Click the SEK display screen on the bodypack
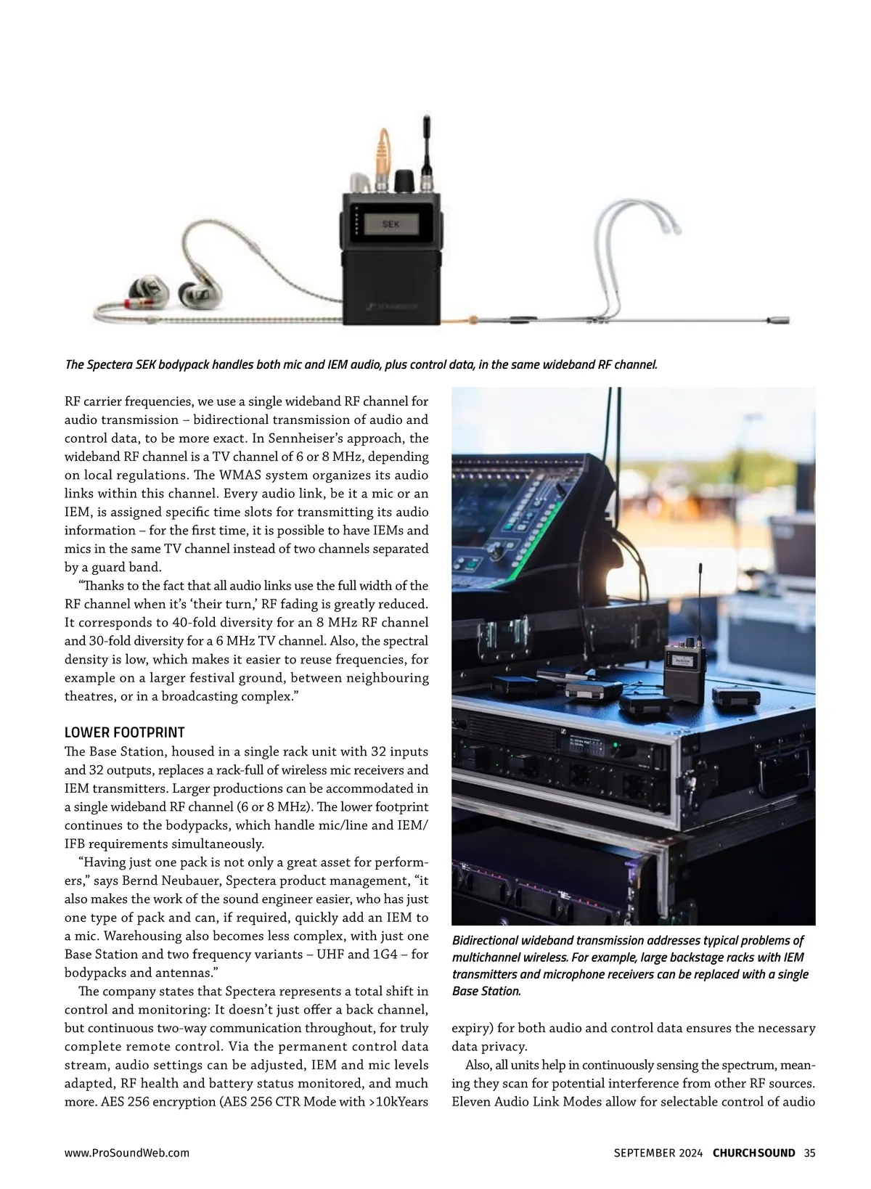(x=391, y=224)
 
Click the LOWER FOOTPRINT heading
(x=125, y=732)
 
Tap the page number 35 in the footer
(x=810, y=1153)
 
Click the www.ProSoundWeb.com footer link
(x=127, y=1153)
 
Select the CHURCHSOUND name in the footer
(x=754, y=1153)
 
